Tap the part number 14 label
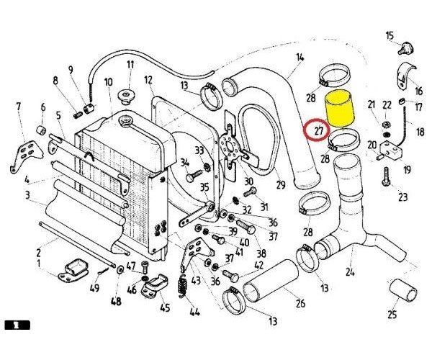click(x=300, y=57)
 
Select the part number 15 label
click(x=390, y=35)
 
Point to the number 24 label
click(x=350, y=272)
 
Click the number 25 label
click(x=392, y=314)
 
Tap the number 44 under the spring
click(x=193, y=312)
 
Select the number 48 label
click(x=116, y=301)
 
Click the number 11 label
click(x=130, y=65)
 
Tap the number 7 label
click(x=18, y=107)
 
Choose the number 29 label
click(x=280, y=185)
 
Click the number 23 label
click(x=402, y=197)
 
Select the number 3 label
click(x=26, y=195)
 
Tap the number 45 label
click(x=165, y=309)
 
